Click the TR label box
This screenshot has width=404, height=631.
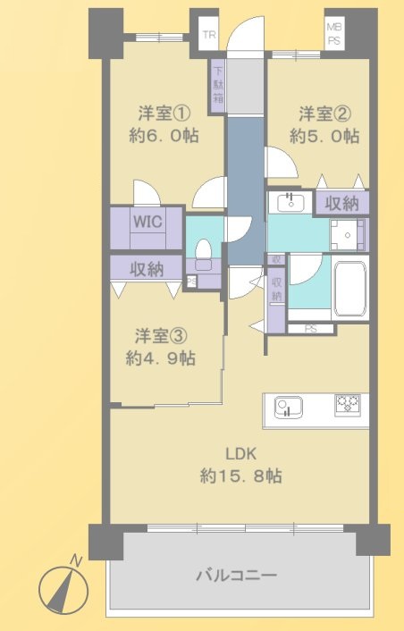(x=209, y=35)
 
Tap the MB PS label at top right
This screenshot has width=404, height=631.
(x=333, y=35)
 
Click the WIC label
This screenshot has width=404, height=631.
(x=147, y=222)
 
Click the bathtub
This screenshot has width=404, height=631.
(x=349, y=288)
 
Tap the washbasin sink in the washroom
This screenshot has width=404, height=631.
(x=290, y=202)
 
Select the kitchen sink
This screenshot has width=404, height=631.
(x=288, y=407)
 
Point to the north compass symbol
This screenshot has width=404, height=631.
(x=63, y=587)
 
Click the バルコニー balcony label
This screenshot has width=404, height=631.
(x=236, y=576)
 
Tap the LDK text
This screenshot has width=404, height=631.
(x=240, y=454)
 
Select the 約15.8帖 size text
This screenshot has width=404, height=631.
(x=240, y=476)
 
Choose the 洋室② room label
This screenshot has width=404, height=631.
(x=324, y=114)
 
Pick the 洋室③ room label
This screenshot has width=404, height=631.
(x=161, y=336)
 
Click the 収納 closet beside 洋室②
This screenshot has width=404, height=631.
(x=341, y=204)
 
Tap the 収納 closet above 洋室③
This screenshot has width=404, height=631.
(x=147, y=268)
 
